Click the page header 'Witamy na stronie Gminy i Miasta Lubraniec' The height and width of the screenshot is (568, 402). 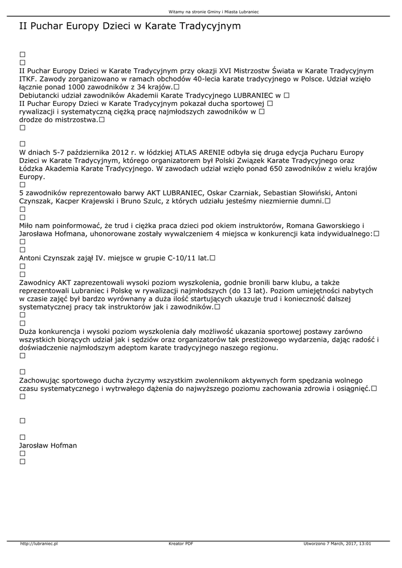214,11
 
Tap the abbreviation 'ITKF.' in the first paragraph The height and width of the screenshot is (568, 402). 29,79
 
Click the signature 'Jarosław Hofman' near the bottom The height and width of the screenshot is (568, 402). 48,445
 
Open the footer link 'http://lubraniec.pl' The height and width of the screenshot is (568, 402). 39,544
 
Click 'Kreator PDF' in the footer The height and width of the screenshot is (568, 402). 181,544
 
